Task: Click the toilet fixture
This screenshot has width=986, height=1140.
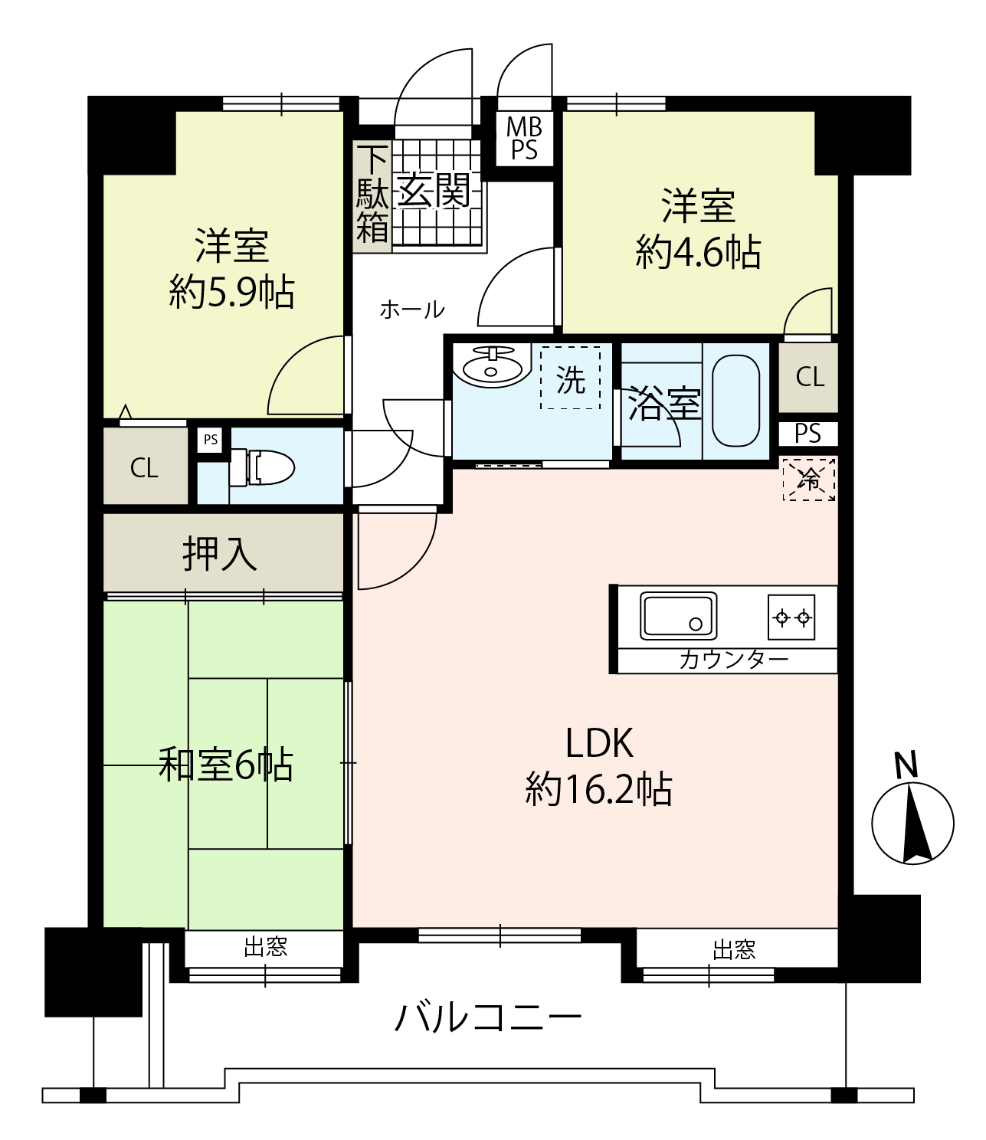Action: (x=262, y=467)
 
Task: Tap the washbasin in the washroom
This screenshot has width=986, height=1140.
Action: (x=492, y=365)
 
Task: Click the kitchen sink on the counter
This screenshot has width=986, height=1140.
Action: (x=678, y=615)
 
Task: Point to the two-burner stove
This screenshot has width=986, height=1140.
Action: (x=791, y=617)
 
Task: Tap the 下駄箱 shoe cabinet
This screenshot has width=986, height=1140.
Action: (x=372, y=196)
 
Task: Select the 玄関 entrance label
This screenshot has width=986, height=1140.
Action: (x=434, y=190)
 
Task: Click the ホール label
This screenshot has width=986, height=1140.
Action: (x=412, y=310)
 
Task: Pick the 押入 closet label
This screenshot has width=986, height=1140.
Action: (x=220, y=554)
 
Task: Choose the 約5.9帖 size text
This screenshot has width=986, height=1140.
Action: (x=231, y=292)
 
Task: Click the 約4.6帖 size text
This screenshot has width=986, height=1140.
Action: (x=698, y=252)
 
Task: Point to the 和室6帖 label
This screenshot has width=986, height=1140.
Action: (x=225, y=764)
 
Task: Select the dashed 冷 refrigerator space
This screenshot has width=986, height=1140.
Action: (x=809, y=479)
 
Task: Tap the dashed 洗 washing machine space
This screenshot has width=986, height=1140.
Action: (x=570, y=377)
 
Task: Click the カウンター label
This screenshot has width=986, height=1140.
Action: (x=733, y=660)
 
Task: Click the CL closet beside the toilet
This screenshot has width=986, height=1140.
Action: (x=145, y=467)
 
